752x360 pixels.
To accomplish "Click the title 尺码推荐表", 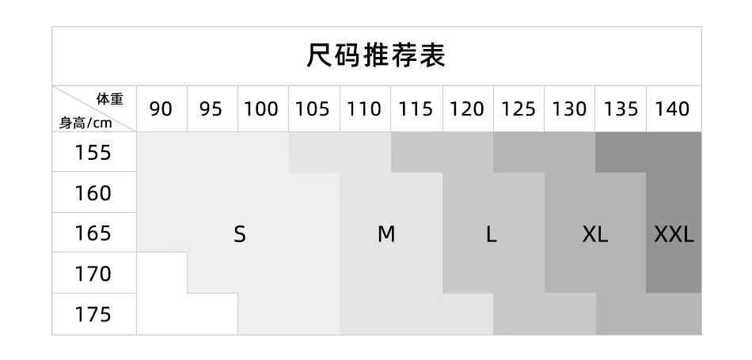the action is click(x=376, y=55).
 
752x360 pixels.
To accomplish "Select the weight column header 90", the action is click(x=161, y=109).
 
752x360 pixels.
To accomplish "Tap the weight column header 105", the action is click(x=313, y=109).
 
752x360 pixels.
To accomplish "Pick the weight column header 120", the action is click(x=467, y=109).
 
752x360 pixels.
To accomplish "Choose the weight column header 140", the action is click(x=673, y=109).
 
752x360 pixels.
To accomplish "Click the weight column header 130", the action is click(x=570, y=109).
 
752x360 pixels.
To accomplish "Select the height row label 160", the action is click(x=93, y=193).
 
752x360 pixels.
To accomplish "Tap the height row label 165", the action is click(x=93, y=234).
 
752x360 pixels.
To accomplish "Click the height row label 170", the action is click(x=93, y=275).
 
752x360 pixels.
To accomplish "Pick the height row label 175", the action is click(x=93, y=315).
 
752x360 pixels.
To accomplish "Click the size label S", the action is click(x=240, y=234).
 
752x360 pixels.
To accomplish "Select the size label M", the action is click(x=385, y=234).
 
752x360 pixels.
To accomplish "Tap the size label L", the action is click(x=492, y=234).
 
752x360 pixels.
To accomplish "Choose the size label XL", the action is click(x=594, y=234).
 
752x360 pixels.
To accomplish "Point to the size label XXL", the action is click(x=674, y=234).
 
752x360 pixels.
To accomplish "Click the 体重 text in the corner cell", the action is click(x=110, y=100).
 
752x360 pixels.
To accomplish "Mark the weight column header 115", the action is click(x=416, y=109).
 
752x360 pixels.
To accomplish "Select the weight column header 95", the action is click(x=211, y=109).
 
